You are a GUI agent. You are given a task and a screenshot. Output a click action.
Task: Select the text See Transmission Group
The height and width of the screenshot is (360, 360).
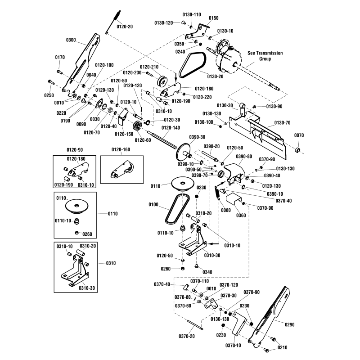click(x=265, y=56)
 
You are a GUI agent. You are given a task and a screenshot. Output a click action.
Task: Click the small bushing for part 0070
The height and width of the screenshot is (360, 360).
click(x=297, y=149)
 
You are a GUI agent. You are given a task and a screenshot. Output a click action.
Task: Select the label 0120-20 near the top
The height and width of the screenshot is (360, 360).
click(x=125, y=27)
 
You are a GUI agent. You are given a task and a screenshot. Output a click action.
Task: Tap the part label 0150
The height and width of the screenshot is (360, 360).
click(x=213, y=18)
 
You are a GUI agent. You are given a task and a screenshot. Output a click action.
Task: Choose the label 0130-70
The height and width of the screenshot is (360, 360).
click(x=282, y=122)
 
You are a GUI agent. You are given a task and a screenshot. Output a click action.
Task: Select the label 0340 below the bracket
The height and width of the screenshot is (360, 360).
click(x=207, y=272)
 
